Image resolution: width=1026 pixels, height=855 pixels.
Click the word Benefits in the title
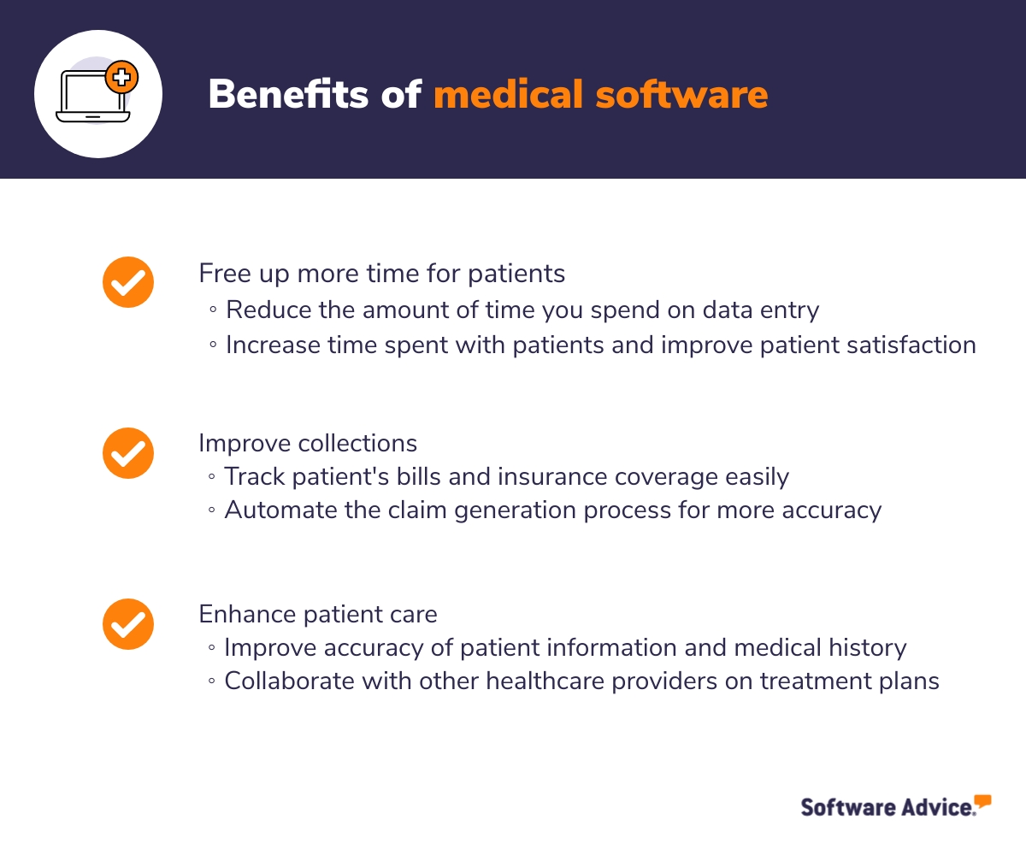(x=288, y=93)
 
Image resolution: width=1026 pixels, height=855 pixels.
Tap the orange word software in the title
(x=681, y=93)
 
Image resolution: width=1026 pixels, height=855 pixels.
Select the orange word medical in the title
(x=508, y=93)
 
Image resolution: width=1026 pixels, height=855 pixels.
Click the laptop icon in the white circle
(x=93, y=97)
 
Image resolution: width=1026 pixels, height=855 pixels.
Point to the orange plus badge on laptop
(x=121, y=77)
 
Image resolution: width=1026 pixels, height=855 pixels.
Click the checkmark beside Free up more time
(x=128, y=282)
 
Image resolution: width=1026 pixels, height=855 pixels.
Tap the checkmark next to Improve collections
(x=128, y=453)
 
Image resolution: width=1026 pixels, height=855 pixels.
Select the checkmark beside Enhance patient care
(x=128, y=624)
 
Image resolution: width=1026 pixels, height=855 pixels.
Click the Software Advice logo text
(x=888, y=807)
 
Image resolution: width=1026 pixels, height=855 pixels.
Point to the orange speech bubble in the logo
(x=982, y=801)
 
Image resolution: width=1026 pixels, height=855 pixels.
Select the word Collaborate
(x=290, y=681)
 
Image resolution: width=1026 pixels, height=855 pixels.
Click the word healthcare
(x=545, y=681)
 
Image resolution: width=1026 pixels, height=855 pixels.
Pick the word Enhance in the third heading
(x=247, y=614)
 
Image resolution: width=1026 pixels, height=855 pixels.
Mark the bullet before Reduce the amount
(x=213, y=310)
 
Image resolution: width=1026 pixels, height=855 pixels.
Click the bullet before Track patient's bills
(x=212, y=476)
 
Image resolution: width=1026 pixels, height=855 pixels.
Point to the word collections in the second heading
(x=357, y=443)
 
